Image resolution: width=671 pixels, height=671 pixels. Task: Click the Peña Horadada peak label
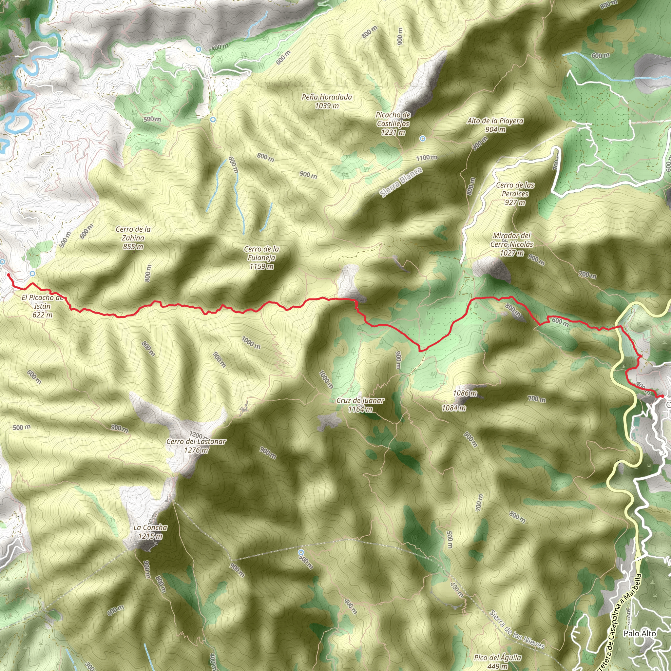[x=326, y=101]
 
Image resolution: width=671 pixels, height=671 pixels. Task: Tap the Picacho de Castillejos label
[x=393, y=123]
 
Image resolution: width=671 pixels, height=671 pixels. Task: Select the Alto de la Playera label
[x=495, y=125]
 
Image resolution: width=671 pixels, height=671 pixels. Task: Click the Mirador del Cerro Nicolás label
[x=511, y=244]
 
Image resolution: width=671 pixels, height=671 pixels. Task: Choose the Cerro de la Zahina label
[x=133, y=238]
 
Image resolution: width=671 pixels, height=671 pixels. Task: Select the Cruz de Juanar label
[x=360, y=405]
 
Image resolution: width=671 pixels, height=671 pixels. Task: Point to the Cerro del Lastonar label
[x=196, y=446]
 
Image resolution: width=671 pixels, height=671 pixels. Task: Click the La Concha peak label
[x=150, y=531]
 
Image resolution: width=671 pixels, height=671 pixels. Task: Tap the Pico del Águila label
[x=497, y=661]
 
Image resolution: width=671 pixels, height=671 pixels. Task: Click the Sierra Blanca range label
[x=401, y=182]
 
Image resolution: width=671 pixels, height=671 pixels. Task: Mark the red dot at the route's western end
[x=8, y=275]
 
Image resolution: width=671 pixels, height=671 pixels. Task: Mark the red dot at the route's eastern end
[x=662, y=396]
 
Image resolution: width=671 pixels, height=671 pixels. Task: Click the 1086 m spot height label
[x=465, y=393]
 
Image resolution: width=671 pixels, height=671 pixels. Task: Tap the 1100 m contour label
[x=427, y=158]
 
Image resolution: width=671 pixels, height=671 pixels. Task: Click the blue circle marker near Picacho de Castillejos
[x=422, y=139]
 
